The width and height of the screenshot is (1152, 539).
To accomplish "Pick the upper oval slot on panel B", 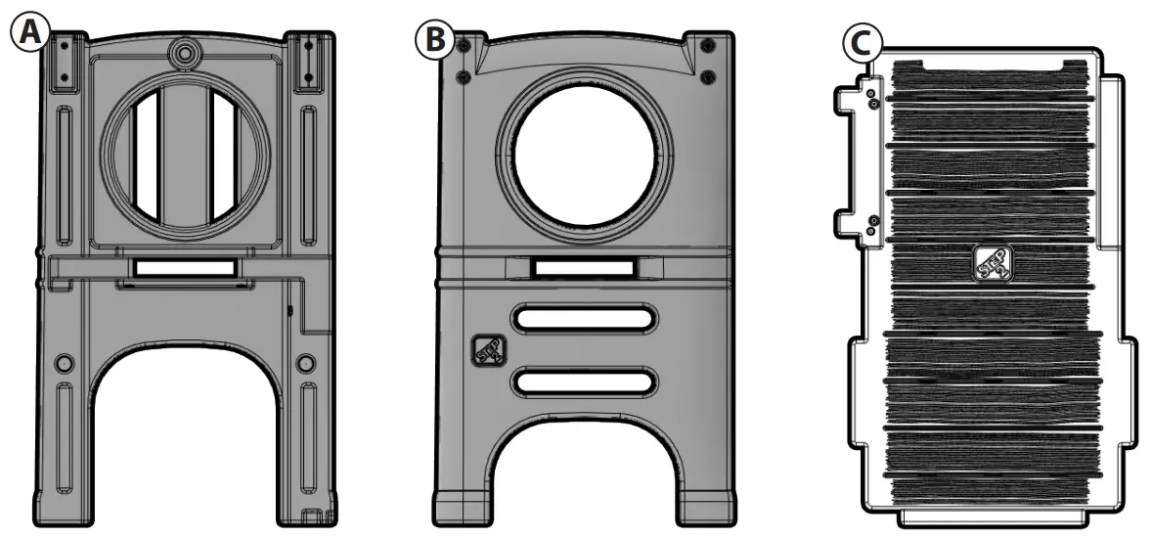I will pos(584,320).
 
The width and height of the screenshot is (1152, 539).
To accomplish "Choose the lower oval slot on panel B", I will pos(584,382).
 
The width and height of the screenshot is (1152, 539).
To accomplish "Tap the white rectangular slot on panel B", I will pos(584,266).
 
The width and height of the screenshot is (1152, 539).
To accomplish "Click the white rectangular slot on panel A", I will pos(185,267).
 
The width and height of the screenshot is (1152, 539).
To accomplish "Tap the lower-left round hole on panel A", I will pos(65,363).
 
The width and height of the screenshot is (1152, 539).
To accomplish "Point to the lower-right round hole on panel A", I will pos(305,363).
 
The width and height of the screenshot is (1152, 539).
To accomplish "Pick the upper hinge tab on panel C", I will pos(857,101).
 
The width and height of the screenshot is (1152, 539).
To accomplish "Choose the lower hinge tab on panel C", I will pos(857,225).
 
